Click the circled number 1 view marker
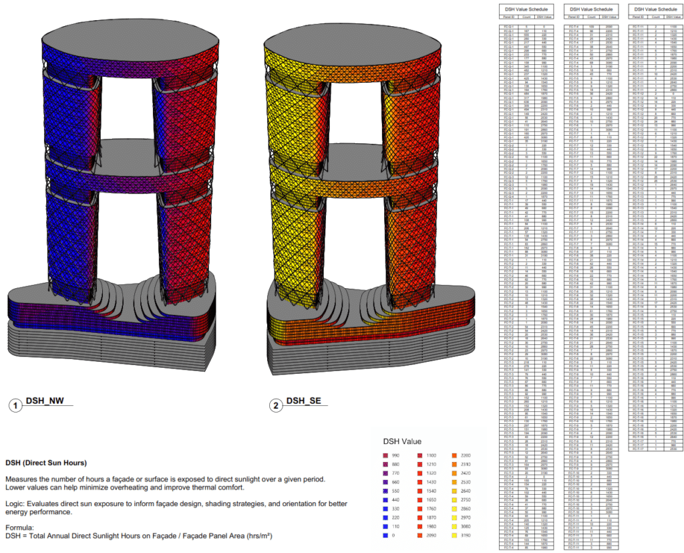tap(14, 405)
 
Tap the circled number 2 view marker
tap(275, 405)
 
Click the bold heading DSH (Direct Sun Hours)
tap(46, 463)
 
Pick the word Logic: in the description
tap(17, 502)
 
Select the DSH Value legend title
tap(403, 442)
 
